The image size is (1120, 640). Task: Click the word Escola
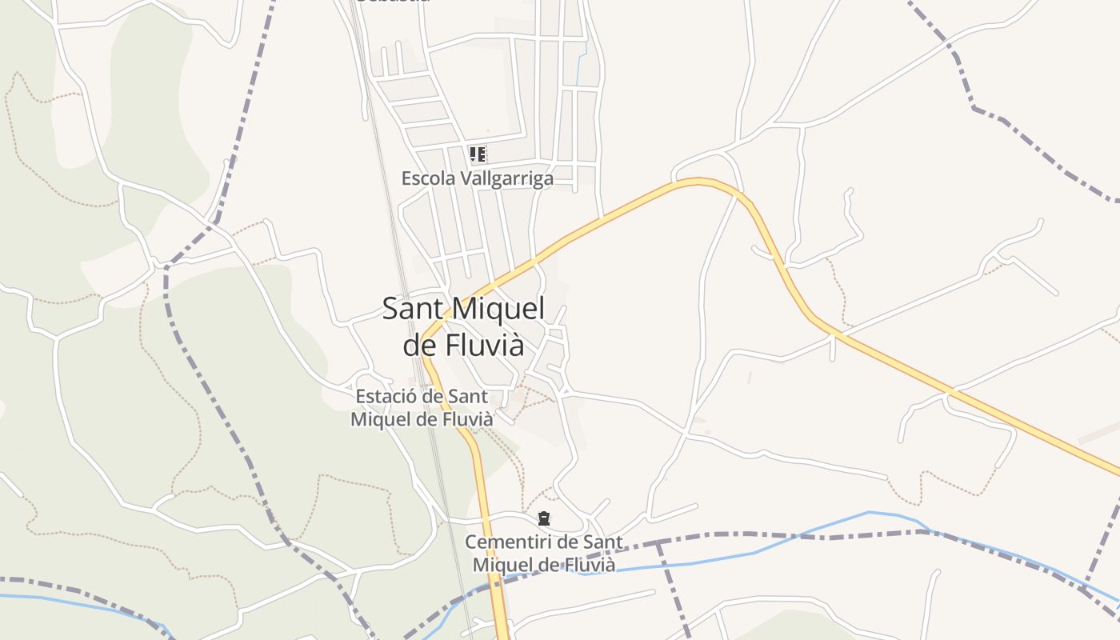click(427, 178)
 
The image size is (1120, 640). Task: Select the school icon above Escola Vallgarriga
click(478, 154)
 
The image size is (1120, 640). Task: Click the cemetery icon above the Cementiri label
click(544, 518)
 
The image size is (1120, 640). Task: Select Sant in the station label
click(468, 396)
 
